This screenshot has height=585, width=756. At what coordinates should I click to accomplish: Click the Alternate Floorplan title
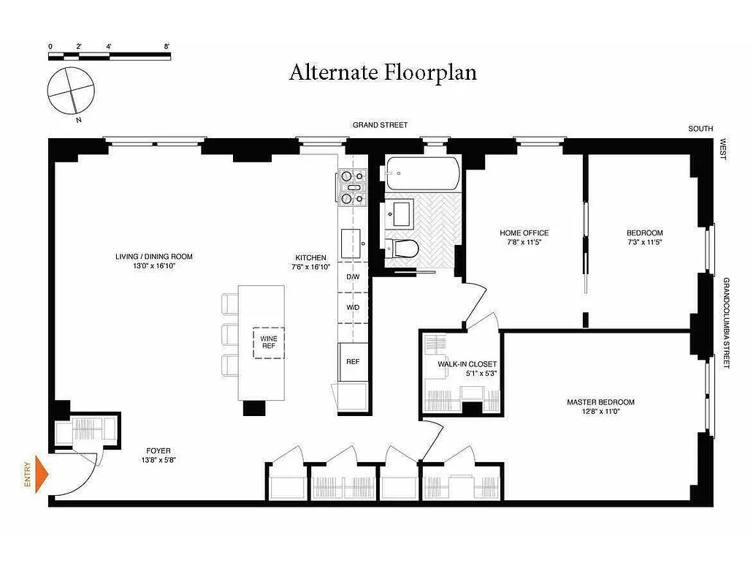(x=383, y=73)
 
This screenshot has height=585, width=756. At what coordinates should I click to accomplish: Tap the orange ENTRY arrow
(x=42, y=475)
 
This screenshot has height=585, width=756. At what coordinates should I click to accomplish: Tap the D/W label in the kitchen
(x=353, y=277)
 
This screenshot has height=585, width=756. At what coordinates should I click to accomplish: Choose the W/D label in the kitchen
(x=353, y=307)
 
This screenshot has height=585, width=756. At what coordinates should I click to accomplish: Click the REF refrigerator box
(x=353, y=361)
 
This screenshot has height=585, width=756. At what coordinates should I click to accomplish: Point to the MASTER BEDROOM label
(x=600, y=402)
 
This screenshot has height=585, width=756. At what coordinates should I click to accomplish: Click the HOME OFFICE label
(x=524, y=233)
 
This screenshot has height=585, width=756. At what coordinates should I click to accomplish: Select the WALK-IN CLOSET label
(x=467, y=364)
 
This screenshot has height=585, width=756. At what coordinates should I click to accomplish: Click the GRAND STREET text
(x=380, y=125)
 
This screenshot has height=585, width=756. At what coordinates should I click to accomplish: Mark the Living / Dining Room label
(x=153, y=257)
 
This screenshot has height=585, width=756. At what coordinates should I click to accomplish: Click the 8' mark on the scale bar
(x=167, y=47)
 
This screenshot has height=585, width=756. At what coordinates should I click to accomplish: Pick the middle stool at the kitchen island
(x=229, y=334)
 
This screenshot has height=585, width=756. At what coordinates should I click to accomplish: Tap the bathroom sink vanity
(x=400, y=214)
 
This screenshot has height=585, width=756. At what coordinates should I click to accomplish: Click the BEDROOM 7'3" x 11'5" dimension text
(x=644, y=242)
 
